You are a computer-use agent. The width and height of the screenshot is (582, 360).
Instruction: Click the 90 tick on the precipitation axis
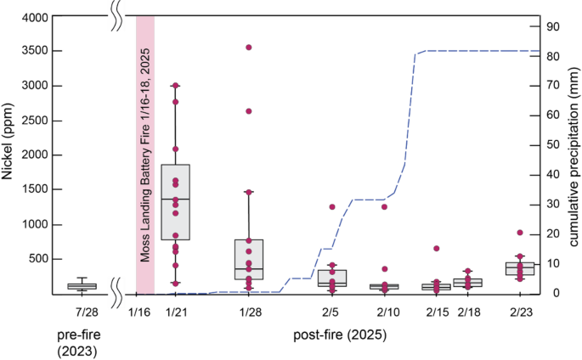pos(552,26)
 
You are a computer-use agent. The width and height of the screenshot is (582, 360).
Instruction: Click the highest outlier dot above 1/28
pos(249,48)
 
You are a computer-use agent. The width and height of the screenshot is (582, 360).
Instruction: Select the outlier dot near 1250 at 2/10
pos(384,206)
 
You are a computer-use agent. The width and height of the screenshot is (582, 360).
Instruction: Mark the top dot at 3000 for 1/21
pos(175,86)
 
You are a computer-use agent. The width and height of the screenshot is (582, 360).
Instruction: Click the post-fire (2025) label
pos(340,335)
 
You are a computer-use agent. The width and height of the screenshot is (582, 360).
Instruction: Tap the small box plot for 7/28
pos(82,286)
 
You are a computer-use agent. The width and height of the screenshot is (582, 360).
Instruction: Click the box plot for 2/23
pos(520,268)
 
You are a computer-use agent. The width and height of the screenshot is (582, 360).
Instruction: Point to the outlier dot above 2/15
pos(436,249)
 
